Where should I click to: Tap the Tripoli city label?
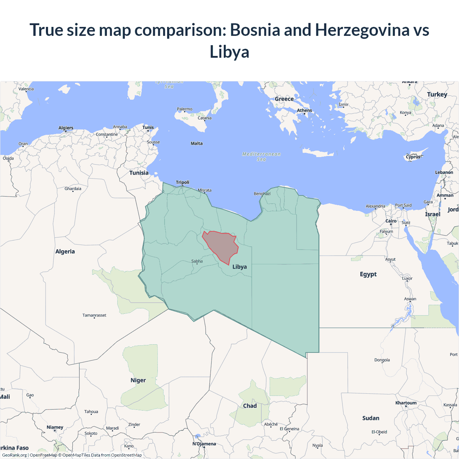183,183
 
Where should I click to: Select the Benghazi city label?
262,194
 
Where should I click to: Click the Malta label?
197,143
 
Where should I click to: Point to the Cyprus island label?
413,157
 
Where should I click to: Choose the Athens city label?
304,110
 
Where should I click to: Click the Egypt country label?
368,274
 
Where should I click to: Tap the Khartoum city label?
406,403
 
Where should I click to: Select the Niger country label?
138,380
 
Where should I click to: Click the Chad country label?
250,406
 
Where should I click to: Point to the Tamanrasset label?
94,315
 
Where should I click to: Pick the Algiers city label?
66,128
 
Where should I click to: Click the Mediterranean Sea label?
261,157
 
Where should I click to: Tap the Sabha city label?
197,261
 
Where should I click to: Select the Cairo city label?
391,221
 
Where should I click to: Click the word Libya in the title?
229,52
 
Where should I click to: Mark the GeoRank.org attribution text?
14,455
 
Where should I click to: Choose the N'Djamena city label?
204,444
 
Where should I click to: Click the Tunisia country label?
139,173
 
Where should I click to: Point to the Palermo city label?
185,109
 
